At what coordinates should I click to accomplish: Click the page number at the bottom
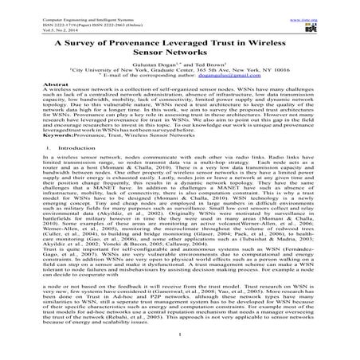pos(179,356)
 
